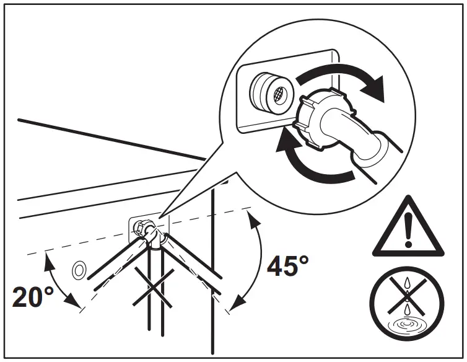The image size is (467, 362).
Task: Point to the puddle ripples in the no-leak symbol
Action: (x=408, y=323)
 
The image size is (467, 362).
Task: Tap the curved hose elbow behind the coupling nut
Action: (x=356, y=133)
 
